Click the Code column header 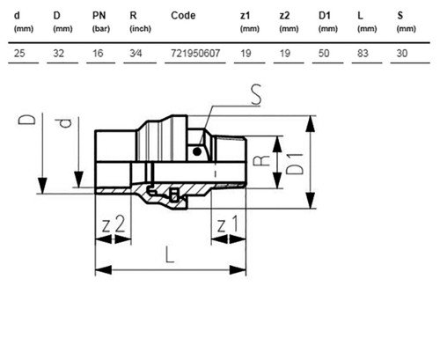tap(183, 16)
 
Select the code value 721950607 tap(195, 54)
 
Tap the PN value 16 tap(98, 54)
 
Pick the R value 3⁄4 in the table tap(136, 54)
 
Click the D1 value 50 tap(324, 54)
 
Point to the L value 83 tap(363, 54)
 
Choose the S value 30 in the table tap(402, 54)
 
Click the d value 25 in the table tap(19, 54)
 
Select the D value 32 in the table tap(58, 54)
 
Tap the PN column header tap(99, 16)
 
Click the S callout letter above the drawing tap(256, 94)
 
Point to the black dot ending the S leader tap(197, 151)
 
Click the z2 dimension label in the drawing tap(114, 224)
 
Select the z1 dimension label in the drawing tap(228, 224)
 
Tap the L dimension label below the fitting tap(170, 254)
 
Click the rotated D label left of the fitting tap(26, 120)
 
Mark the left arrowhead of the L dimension tap(103, 270)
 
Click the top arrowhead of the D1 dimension tap(310, 124)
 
